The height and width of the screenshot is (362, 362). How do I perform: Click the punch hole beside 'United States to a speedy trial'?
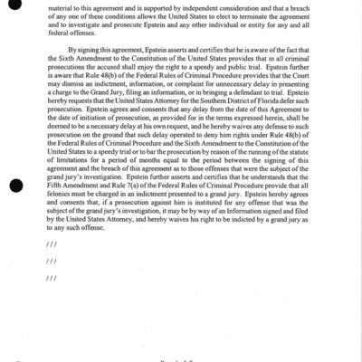tap(13, 186)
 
